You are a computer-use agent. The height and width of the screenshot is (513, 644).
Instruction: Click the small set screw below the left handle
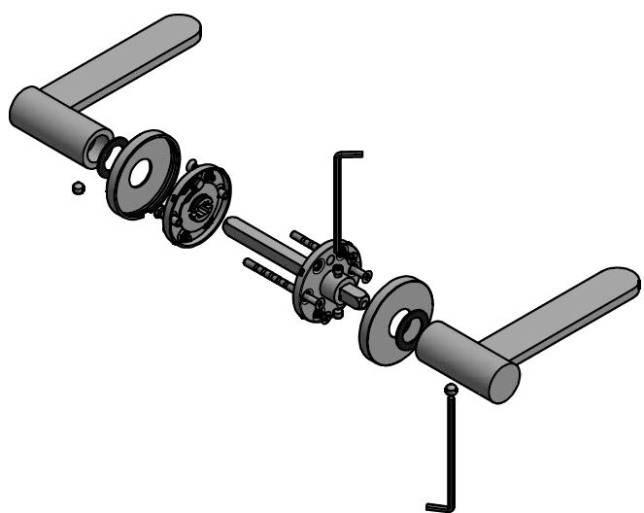(x=78, y=187)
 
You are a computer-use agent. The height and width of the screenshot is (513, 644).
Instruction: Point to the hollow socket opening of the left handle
(x=97, y=148)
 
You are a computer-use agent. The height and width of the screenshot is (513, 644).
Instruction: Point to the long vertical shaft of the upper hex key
(x=337, y=204)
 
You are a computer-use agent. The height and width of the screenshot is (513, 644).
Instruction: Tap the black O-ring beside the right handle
(x=408, y=329)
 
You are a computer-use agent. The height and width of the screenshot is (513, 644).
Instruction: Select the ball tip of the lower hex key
(x=449, y=390)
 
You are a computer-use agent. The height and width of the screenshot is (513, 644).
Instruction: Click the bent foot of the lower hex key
(x=439, y=506)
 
